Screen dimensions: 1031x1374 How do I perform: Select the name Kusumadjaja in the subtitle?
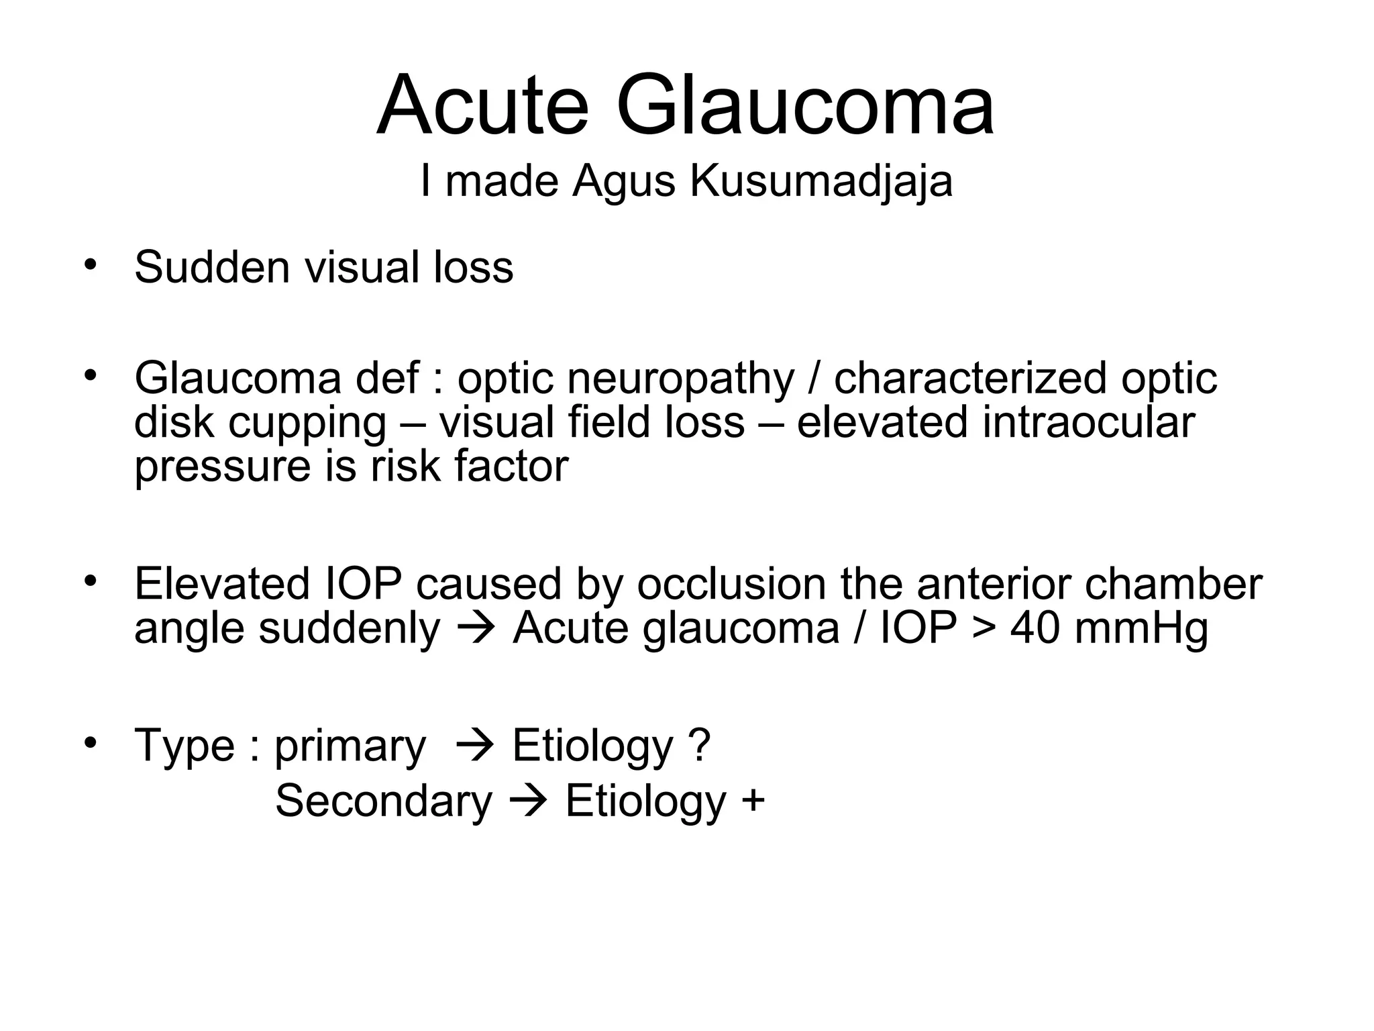coord(821,181)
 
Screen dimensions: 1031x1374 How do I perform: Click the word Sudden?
coord(213,267)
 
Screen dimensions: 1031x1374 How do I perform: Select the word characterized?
coord(970,379)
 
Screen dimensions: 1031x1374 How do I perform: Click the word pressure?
coord(222,467)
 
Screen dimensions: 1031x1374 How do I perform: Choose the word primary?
coord(350,747)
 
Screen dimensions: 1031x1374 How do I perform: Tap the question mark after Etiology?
coord(698,746)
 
